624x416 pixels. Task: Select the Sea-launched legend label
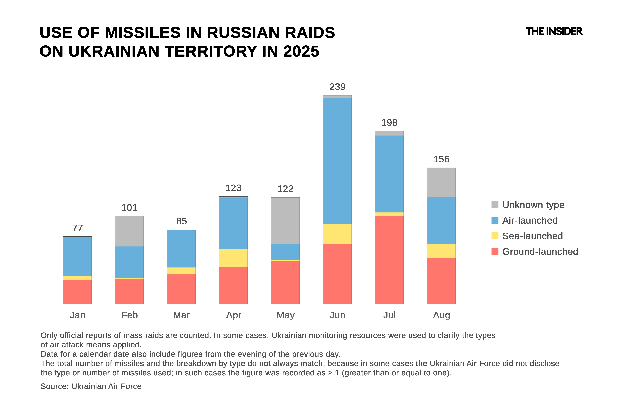click(532, 236)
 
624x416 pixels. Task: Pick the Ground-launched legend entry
click(540, 251)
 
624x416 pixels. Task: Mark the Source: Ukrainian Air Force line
click(91, 386)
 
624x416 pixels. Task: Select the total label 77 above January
click(77, 228)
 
